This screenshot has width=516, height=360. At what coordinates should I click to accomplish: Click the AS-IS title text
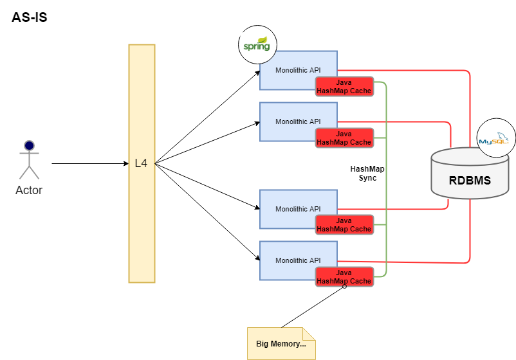[x=30, y=17]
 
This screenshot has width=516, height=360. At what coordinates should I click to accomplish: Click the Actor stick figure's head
[x=29, y=145]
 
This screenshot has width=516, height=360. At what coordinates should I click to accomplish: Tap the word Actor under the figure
[x=29, y=190]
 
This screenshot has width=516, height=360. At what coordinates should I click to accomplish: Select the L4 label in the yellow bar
[x=142, y=164]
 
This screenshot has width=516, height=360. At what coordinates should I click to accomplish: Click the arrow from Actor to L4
[x=90, y=164]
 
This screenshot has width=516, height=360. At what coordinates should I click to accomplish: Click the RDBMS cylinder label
[x=470, y=181]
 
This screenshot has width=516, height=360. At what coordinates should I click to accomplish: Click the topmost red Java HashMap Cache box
[x=344, y=87]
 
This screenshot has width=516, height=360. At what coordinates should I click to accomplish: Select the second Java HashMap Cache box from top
[x=344, y=138]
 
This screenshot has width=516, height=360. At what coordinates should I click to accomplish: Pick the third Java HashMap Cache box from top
[x=344, y=225]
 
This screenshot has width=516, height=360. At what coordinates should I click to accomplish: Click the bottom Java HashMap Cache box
[x=344, y=277]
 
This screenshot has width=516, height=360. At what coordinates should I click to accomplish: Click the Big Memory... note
[x=281, y=343]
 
